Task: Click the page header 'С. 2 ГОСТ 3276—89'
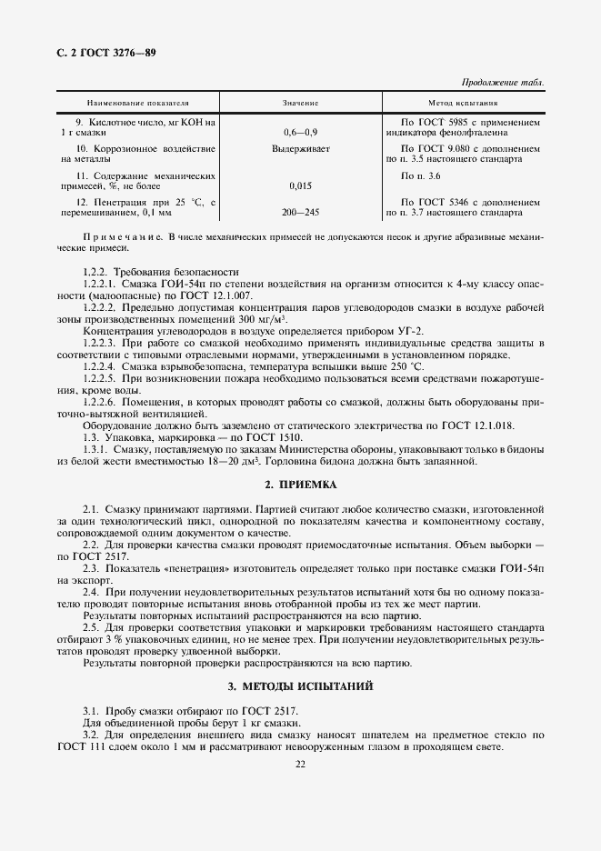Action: point(106,53)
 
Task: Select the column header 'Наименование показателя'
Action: point(137,104)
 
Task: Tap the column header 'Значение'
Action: point(300,104)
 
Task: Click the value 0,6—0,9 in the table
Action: point(300,133)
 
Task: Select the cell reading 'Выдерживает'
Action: point(300,147)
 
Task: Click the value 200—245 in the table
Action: point(300,213)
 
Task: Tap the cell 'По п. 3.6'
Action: point(420,175)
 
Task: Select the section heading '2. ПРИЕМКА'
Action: point(300,485)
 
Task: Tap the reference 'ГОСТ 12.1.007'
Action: point(222,295)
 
